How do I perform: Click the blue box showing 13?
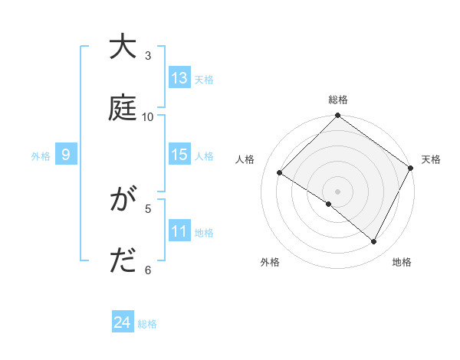[x=179, y=78]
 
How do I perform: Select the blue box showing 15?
[x=179, y=155]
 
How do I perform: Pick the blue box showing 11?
[x=179, y=231]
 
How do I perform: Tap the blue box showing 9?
[x=66, y=155]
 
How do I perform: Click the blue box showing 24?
[x=123, y=323]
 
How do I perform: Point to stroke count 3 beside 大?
[x=148, y=56]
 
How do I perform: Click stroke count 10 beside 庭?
[x=148, y=116]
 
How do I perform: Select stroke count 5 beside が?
[x=148, y=209]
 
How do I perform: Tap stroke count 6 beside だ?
[x=148, y=270]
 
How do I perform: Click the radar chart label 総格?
[x=337, y=100]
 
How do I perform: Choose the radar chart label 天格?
[x=431, y=159]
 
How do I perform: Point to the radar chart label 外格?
[x=270, y=262]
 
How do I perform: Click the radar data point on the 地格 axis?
[x=374, y=242]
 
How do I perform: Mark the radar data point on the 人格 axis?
[x=280, y=173]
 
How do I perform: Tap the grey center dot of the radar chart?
[x=337, y=191]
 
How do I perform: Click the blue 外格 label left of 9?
[x=41, y=155]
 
